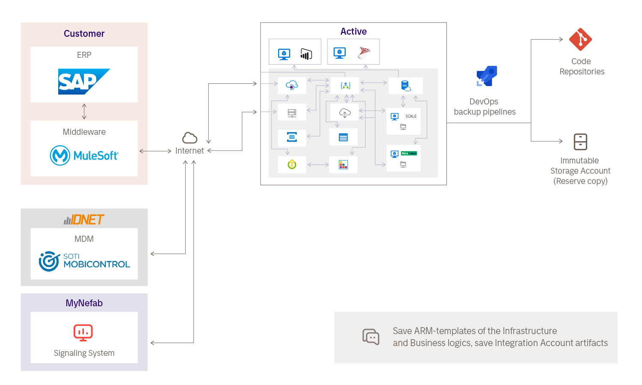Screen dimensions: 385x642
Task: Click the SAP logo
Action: click(x=84, y=81)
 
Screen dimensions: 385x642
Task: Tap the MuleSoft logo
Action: click(x=84, y=155)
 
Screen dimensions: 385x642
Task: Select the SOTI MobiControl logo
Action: click(x=84, y=261)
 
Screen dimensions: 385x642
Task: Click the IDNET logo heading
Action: click(x=84, y=220)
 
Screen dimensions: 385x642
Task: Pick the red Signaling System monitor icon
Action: click(x=83, y=332)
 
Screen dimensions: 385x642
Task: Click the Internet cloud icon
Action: click(x=190, y=138)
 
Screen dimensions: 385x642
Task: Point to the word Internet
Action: click(x=190, y=151)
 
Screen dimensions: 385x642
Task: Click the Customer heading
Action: click(x=84, y=34)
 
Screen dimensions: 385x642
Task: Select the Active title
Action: click(x=354, y=32)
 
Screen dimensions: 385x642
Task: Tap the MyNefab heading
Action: click(x=84, y=303)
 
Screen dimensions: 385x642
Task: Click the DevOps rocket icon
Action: click(x=487, y=77)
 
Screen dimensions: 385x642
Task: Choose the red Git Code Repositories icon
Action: click(x=580, y=39)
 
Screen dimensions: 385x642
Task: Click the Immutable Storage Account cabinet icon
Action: click(x=580, y=142)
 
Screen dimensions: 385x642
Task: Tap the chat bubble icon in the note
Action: click(x=371, y=337)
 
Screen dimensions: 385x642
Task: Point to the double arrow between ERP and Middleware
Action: click(x=84, y=111)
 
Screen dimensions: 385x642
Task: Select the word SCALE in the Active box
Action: click(x=411, y=116)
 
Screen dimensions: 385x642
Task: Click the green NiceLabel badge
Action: click(x=409, y=153)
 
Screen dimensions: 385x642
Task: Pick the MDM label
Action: click(x=84, y=239)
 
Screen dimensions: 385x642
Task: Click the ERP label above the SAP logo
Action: click(x=84, y=55)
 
